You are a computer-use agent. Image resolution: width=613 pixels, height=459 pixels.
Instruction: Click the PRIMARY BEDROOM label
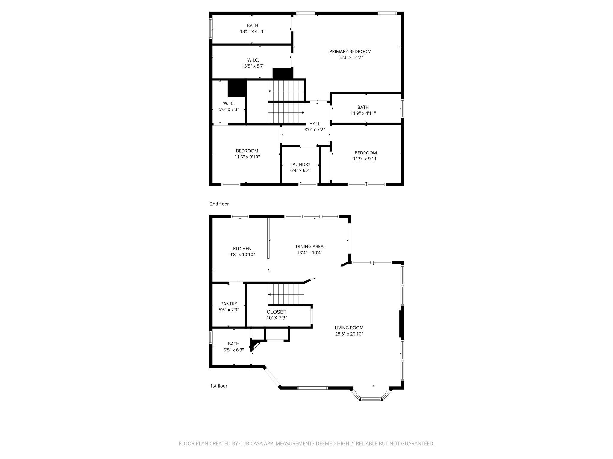pyautogui.click(x=350, y=51)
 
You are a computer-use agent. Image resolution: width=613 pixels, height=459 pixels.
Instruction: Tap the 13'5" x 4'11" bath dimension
pyautogui.click(x=252, y=31)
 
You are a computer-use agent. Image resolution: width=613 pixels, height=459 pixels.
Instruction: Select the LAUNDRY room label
pyautogui.click(x=300, y=164)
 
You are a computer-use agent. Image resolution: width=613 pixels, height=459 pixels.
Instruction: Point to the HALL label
pyautogui.click(x=315, y=124)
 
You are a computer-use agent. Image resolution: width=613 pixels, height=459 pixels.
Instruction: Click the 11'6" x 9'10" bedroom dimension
pyautogui.click(x=247, y=157)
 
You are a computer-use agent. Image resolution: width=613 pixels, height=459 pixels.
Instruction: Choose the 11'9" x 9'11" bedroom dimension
pyautogui.click(x=365, y=159)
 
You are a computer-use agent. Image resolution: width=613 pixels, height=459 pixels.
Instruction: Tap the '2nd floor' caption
pyautogui.click(x=219, y=204)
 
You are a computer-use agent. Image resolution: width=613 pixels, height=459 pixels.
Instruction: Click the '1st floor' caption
pyautogui.click(x=219, y=386)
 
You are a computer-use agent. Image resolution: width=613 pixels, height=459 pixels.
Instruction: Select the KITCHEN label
pyautogui.click(x=242, y=249)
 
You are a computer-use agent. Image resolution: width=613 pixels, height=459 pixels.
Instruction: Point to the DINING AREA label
pyautogui.click(x=309, y=247)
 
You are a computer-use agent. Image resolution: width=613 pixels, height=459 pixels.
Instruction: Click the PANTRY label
pyautogui.click(x=229, y=304)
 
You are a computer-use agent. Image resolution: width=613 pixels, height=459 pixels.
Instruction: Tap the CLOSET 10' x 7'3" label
pyautogui.click(x=277, y=315)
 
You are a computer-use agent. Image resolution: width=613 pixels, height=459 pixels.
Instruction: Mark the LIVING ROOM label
pyautogui.click(x=349, y=328)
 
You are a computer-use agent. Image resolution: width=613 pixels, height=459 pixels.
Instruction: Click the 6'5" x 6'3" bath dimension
pyautogui.click(x=233, y=350)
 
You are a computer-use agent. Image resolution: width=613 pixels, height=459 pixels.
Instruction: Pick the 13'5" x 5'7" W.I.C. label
pyautogui.click(x=253, y=63)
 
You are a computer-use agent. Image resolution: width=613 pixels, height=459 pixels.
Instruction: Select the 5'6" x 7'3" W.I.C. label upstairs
pyautogui.click(x=229, y=106)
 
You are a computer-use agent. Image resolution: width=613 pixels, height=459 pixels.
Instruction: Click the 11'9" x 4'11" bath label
pyautogui.click(x=363, y=110)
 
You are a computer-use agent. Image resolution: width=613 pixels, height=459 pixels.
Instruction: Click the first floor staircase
pyautogui.click(x=286, y=294)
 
